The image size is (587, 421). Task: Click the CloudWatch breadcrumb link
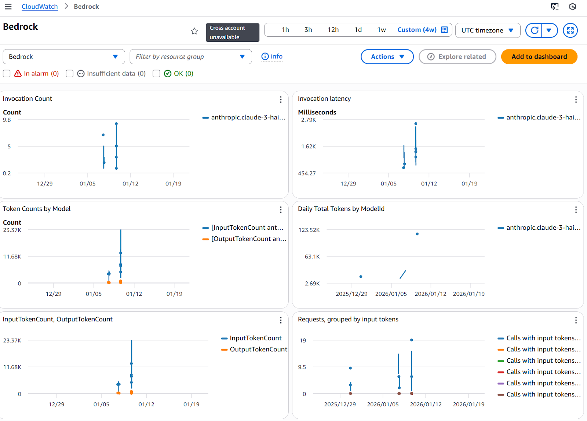(40, 7)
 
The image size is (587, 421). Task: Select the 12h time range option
(333, 30)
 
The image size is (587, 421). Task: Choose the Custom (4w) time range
(417, 30)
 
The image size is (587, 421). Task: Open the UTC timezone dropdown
(487, 30)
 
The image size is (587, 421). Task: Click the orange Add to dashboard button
(539, 56)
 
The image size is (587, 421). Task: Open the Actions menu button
(387, 56)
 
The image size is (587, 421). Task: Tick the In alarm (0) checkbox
(7, 73)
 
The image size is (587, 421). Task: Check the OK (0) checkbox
(156, 73)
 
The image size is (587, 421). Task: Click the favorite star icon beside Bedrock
(194, 31)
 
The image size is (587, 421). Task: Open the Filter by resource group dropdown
(190, 56)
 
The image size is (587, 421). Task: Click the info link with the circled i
(272, 56)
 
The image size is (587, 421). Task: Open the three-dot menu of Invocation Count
(281, 99)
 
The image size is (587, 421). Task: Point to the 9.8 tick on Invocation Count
(7, 120)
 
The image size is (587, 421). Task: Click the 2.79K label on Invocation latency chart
(308, 120)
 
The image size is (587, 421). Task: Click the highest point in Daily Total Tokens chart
(417, 234)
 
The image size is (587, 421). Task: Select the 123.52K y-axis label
(309, 230)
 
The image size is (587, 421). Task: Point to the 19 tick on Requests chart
(303, 340)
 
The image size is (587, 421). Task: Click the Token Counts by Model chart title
(37, 209)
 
